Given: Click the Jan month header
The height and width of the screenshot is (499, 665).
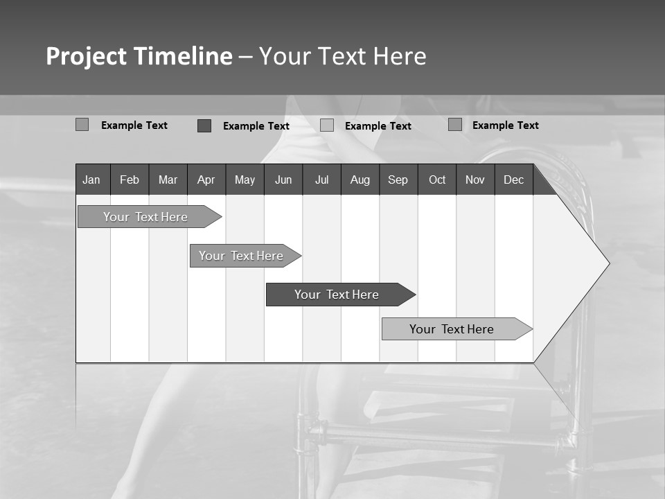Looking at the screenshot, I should pos(91,180).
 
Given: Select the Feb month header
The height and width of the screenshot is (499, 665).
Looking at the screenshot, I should pos(130,180).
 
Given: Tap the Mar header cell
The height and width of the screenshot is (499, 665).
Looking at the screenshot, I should pos(168,180).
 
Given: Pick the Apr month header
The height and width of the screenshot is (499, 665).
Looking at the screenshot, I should pos(206,180).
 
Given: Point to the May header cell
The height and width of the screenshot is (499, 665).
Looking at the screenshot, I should pos(245,180).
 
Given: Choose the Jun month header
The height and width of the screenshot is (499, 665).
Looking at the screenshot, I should pos(283,180).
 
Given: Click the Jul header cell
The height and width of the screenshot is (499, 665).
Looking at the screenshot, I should pos(321,180).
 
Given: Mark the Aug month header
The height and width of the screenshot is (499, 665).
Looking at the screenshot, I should pos(360,180).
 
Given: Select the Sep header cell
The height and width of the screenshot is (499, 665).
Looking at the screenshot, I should pos(398,180).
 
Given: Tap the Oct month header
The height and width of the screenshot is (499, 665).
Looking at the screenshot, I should pos(437,180).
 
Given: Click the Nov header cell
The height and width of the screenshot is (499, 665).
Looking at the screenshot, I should pos(475,180).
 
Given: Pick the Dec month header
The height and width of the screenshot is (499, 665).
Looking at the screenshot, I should pos(514,180).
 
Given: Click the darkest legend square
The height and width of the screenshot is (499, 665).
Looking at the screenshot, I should pos(204,125).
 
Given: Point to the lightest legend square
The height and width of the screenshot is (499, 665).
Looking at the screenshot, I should pos(327,125).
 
